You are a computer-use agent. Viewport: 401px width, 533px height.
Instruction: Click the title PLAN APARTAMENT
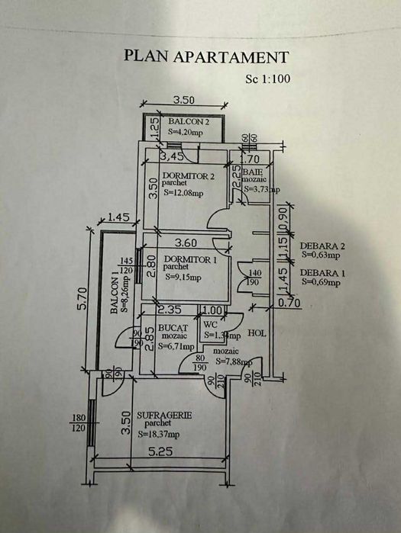coord(206,56)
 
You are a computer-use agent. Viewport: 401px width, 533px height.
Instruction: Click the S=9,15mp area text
coord(184,277)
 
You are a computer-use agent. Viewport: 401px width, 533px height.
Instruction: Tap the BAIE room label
coord(253,173)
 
